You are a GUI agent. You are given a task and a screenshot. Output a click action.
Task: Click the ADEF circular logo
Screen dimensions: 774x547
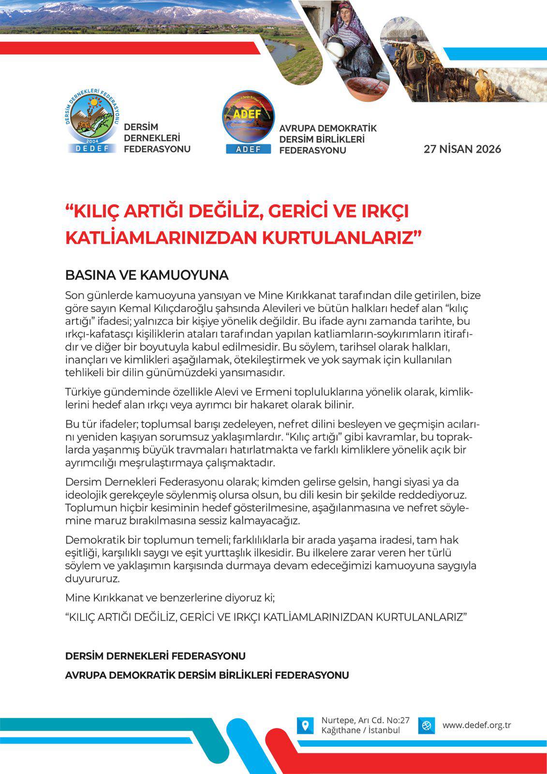[248, 121]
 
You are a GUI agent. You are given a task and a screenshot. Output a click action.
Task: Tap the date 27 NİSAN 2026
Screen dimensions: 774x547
[462, 149]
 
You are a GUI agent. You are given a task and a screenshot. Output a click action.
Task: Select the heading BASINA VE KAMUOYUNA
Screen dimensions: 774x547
[147, 275]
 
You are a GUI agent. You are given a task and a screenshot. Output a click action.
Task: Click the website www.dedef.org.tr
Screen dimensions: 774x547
[476, 725]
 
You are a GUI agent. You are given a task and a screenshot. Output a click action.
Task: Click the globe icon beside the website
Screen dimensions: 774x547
[426, 726]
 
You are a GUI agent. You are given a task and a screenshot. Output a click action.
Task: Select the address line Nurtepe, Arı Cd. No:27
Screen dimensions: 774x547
[365, 720]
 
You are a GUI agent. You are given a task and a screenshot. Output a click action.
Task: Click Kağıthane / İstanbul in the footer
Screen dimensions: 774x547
[360, 730]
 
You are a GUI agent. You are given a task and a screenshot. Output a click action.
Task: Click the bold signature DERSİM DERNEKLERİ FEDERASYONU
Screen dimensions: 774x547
[155, 656]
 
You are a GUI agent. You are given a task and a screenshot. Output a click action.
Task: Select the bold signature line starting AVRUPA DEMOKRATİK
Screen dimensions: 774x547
[207, 675]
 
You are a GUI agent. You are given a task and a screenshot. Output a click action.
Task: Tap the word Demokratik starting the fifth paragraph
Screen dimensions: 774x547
[92, 540]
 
